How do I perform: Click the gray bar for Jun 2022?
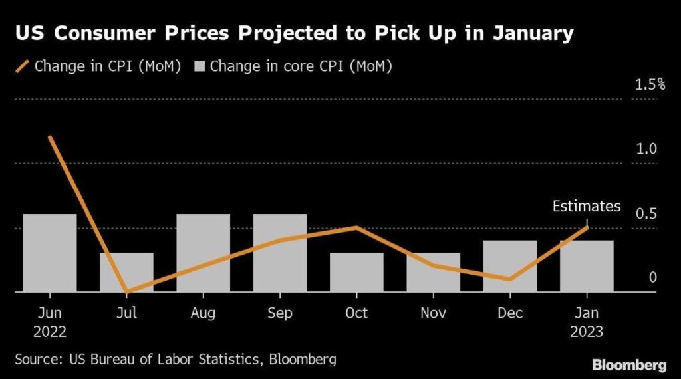click(x=50, y=253)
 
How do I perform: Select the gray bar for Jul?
click(x=126, y=272)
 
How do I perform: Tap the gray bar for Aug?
click(x=204, y=253)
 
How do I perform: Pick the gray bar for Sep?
click(x=280, y=253)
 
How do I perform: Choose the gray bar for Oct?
click(x=357, y=272)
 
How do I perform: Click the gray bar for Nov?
click(x=434, y=272)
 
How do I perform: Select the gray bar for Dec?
click(x=510, y=266)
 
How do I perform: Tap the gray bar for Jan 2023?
click(x=587, y=266)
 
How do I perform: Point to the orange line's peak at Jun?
click(x=50, y=138)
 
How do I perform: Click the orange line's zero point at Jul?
click(x=126, y=291)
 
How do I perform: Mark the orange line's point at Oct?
click(x=357, y=227)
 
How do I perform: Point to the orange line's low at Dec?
click(x=510, y=279)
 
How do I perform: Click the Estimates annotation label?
click(x=587, y=207)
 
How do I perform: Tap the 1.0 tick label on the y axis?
click(x=646, y=149)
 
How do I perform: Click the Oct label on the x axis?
click(x=357, y=313)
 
